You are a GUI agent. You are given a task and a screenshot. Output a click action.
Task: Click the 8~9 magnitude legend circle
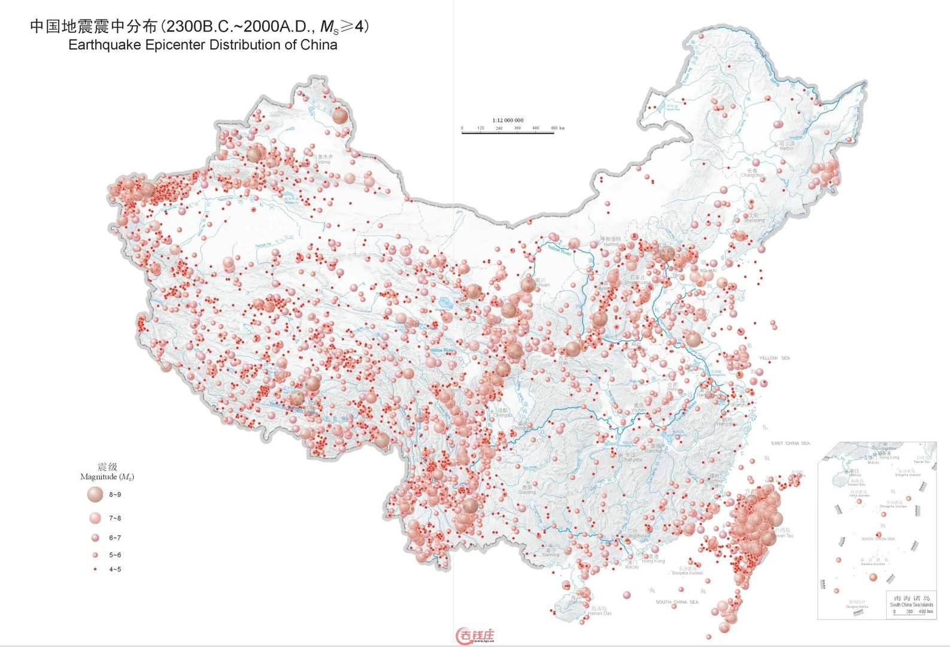click(x=95, y=494)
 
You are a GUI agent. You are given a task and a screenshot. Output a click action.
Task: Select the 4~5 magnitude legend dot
click(x=95, y=569)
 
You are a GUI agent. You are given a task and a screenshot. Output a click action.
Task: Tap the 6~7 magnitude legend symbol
click(x=95, y=537)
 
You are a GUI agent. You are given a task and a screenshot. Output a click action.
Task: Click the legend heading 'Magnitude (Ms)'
click(x=107, y=477)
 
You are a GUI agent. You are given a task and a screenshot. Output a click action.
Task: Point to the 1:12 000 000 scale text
click(x=508, y=120)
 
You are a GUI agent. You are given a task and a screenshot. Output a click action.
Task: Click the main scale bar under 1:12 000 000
click(x=508, y=132)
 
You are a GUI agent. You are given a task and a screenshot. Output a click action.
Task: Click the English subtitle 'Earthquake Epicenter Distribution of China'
click(x=202, y=45)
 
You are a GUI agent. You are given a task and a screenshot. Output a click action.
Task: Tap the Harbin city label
click(x=787, y=148)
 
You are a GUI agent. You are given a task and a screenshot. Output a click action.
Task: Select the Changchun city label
click(x=752, y=175)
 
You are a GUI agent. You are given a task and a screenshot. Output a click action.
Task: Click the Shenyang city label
click(x=754, y=220)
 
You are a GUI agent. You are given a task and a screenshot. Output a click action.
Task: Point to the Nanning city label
click(x=551, y=555)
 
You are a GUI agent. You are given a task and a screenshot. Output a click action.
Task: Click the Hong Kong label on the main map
click(x=653, y=561)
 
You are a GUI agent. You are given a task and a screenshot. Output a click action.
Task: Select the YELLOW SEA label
click(x=775, y=358)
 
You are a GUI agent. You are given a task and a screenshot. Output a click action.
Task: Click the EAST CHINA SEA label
click(x=790, y=443)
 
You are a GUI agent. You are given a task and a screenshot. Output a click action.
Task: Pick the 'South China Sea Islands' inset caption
click(x=911, y=604)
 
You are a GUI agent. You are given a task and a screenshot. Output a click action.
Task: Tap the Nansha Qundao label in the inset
click(x=873, y=564)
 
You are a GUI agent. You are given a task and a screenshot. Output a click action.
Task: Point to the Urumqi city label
click(x=323, y=162)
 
